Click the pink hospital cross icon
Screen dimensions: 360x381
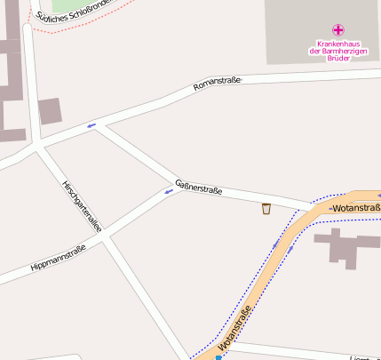[x=337, y=30]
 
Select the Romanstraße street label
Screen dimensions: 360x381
[x=218, y=84]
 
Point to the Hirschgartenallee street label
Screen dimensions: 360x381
[x=82, y=205]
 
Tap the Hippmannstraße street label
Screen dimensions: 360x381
[x=58, y=258]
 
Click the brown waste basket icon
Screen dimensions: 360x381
[x=266, y=209]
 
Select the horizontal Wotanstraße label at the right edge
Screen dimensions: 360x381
[x=354, y=208]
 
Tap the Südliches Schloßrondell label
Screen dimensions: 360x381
[x=71, y=11]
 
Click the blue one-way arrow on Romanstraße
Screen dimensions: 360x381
[x=91, y=125]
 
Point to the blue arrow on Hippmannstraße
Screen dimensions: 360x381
[x=169, y=190]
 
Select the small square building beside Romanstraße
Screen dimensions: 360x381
[x=50, y=111]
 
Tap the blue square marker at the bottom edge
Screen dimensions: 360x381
[x=218, y=357]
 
